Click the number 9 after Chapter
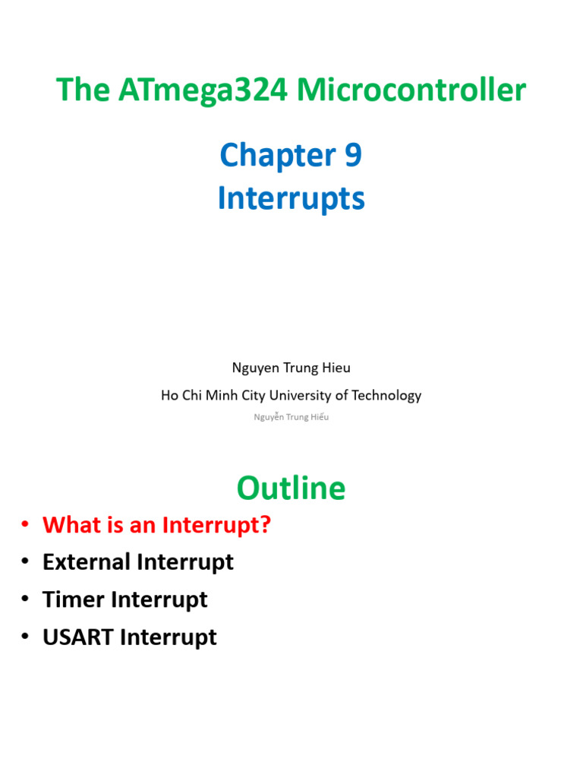353,157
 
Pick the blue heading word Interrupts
291,199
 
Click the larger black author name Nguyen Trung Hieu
291,368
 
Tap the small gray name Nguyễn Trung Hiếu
291,417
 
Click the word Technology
387,395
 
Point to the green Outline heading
291,488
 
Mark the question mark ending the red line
265,525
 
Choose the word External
87,562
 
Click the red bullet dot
25,525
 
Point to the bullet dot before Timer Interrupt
25,599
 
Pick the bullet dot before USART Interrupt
25,637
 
